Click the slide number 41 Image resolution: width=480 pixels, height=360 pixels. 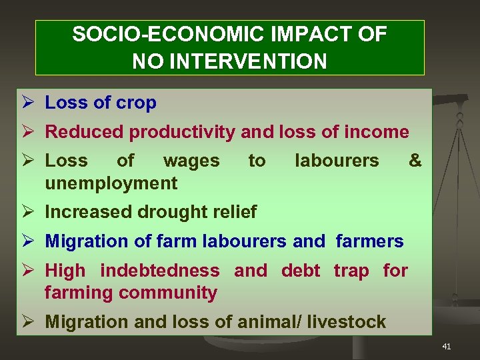(x=446, y=346)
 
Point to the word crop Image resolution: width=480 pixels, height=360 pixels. (x=135, y=103)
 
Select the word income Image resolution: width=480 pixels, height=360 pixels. (x=377, y=132)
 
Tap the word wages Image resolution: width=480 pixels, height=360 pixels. (x=191, y=161)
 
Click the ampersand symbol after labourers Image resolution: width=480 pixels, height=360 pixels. (x=415, y=161)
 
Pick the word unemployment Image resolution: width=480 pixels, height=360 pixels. (x=111, y=183)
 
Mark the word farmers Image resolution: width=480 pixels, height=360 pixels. (x=369, y=241)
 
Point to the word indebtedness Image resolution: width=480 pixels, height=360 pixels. (x=159, y=271)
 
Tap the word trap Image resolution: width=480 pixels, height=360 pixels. (x=351, y=271)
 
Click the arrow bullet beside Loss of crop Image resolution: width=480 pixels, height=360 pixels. (x=28, y=103)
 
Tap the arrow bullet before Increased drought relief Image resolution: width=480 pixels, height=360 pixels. (x=28, y=212)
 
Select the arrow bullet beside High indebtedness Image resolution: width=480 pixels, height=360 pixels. (x=28, y=271)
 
